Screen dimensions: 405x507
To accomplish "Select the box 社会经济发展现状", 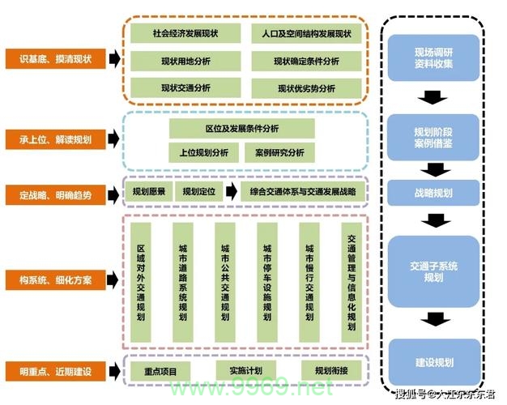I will point(185,34).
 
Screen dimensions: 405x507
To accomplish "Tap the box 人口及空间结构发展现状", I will point(306,34).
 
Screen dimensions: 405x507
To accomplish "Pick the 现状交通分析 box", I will point(185,87).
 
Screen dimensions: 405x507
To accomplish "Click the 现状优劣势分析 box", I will point(306,87).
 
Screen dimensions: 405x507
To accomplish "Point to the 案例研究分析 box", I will point(279,151).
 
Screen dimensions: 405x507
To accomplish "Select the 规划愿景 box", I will point(149,192).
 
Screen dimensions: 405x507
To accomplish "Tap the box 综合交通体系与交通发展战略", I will point(303,192).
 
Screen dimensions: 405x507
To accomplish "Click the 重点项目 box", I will point(160,370).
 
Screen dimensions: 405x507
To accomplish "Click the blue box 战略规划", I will point(434,194).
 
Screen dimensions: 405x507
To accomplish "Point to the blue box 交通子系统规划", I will point(434,271).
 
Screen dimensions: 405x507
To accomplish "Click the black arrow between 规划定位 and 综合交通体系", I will point(231,192).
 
